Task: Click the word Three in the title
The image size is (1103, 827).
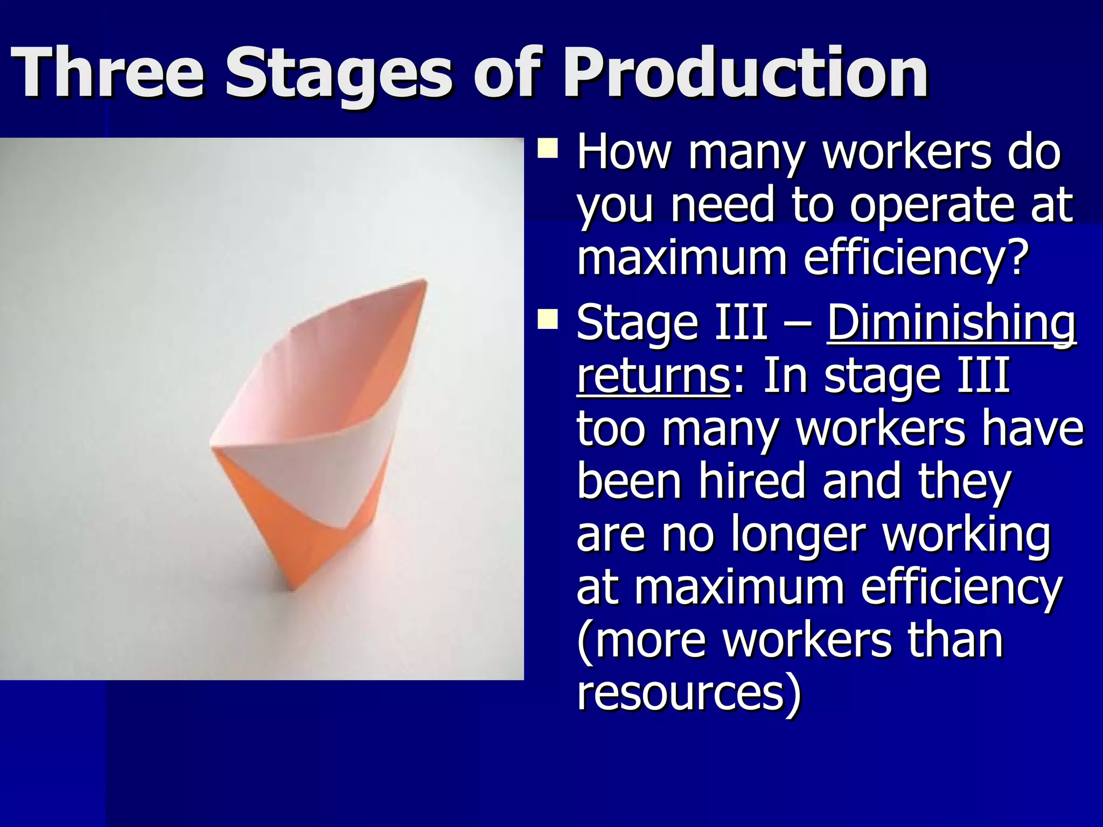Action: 108,73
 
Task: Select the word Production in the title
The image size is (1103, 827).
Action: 745,73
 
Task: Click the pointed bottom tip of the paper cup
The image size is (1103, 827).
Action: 292,588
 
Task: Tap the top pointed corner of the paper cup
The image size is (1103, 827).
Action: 424,282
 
